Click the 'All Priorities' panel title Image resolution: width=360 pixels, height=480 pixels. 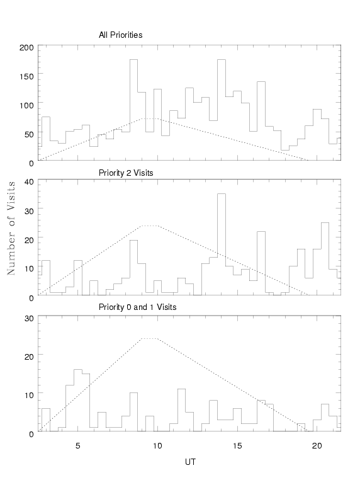pyautogui.click(x=120, y=35)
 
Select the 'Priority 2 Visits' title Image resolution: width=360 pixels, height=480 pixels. pyautogui.click(x=126, y=173)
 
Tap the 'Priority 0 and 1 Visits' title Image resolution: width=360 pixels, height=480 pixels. pyautogui.click(x=137, y=307)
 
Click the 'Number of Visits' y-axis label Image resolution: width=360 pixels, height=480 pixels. pyautogui.click(x=11, y=228)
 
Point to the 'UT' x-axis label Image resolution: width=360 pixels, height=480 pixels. pyautogui.click(x=190, y=462)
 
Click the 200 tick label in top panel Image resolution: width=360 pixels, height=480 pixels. pyautogui.click(x=26, y=48)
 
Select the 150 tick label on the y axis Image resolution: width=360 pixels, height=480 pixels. pyautogui.click(x=26, y=76)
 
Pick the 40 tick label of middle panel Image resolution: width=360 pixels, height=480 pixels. pyautogui.click(x=29, y=182)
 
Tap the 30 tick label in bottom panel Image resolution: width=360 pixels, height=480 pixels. pyautogui.click(x=29, y=318)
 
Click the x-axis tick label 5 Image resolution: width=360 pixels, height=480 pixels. pyautogui.click(x=77, y=446)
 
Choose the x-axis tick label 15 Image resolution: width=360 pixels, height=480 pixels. pyautogui.click(x=237, y=446)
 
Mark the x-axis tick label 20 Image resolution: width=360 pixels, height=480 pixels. pyautogui.click(x=317, y=446)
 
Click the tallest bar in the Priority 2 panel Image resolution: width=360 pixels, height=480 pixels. pyautogui.click(x=222, y=244)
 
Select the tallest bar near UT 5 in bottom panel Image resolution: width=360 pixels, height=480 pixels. pyautogui.click(x=77, y=400)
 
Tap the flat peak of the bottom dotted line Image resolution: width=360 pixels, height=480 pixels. pyautogui.click(x=150, y=338)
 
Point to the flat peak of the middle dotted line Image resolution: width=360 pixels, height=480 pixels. pyautogui.click(x=150, y=226)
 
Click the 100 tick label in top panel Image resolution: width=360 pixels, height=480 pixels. pyautogui.click(x=26, y=106)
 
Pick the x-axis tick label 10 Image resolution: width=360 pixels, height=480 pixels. pyautogui.click(x=157, y=446)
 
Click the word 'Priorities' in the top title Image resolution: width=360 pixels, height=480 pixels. pyautogui.click(x=127, y=35)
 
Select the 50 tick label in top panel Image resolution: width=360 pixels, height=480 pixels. pyautogui.click(x=29, y=134)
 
